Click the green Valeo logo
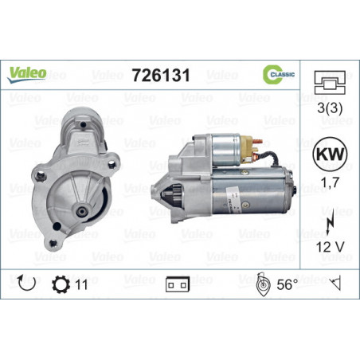click(26, 74)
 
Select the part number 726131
click(161, 75)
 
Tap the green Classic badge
click(279, 74)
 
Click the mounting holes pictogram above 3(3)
click(330, 82)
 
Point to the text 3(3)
click(330, 108)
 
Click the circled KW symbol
click(330, 154)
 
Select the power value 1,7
click(330, 182)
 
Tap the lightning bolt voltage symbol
click(330, 221)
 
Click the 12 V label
click(330, 247)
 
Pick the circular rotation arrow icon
click(26, 284)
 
